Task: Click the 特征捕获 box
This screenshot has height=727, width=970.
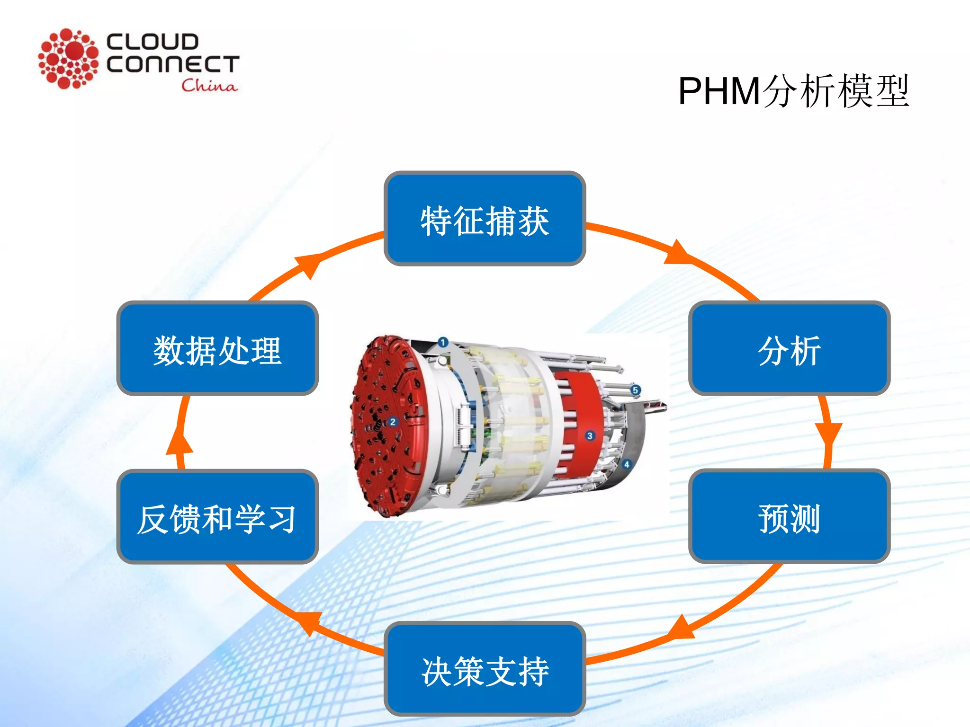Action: (x=485, y=219)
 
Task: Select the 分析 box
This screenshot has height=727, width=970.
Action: (x=789, y=348)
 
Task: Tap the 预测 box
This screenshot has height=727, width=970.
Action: (x=789, y=516)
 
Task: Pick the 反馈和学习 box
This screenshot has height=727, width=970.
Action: (x=217, y=517)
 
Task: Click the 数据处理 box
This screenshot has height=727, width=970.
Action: (x=217, y=348)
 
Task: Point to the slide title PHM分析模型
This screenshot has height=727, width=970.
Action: (x=793, y=91)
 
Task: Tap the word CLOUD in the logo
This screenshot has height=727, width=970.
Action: (x=152, y=42)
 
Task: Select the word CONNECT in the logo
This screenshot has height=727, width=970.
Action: (x=173, y=64)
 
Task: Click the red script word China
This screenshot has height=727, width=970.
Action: (x=209, y=85)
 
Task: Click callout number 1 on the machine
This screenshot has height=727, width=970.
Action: (x=443, y=342)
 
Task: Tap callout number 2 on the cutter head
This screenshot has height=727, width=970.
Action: (x=393, y=422)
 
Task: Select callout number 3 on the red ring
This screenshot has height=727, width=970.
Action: (x=590, y=435)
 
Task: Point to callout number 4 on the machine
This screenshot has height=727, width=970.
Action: (x=627, y=464)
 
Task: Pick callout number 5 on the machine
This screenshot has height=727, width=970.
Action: (x=635, y=390)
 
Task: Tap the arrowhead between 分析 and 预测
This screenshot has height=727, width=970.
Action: (x=828, y=433)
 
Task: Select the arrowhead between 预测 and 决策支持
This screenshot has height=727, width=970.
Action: (x=680, y=628)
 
